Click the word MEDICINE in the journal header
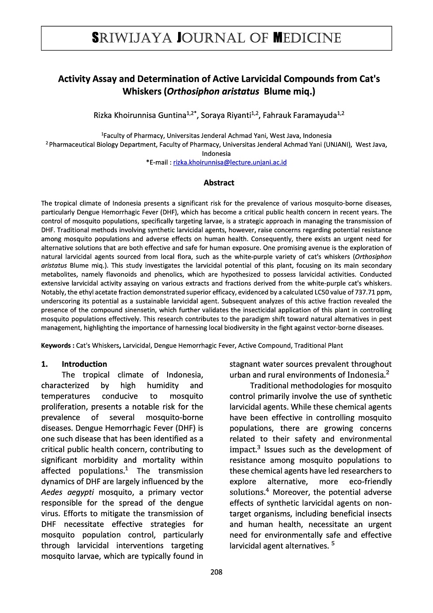point(307,38)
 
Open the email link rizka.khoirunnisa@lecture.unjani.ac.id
point(230,162)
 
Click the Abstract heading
point(219,183)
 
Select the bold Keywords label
point(56,345)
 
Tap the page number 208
point(216,572)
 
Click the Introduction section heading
point(84,364)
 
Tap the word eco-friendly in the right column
point(371,482)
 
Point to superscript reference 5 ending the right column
point(333,544)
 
